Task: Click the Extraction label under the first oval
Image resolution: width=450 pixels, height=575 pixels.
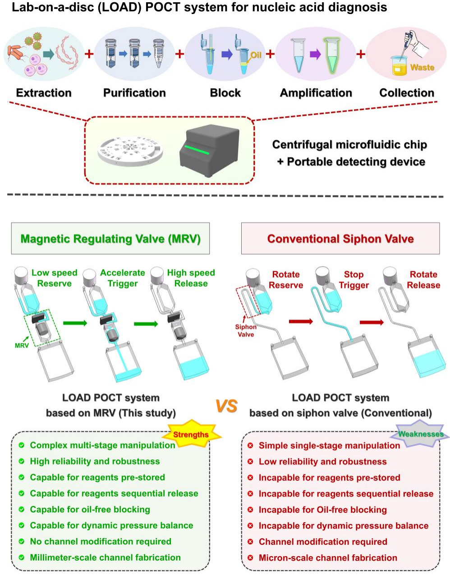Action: point(44,93)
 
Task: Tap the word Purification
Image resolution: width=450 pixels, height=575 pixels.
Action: point(134,93)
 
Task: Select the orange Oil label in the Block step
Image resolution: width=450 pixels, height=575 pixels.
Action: point(256,55)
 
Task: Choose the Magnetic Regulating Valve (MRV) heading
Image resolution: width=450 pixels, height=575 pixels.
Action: point(110,239)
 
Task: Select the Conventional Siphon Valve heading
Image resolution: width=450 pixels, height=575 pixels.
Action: point(340,239)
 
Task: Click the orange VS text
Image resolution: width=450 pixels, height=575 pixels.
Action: point(226,406)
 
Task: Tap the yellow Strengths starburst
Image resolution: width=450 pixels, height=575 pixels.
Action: point(191,435)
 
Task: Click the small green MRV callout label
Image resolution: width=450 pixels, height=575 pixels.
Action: point(22,345)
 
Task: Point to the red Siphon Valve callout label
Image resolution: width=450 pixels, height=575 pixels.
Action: point(246,331)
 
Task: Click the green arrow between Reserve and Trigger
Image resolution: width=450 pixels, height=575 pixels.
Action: point(75,323)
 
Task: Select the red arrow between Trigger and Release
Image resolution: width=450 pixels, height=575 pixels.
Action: point(371,322)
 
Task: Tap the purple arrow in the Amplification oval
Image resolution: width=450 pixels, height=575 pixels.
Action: point(315,55)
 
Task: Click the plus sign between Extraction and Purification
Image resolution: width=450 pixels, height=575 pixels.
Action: point(89,54)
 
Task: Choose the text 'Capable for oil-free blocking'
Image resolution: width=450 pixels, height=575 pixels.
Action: point(90,510)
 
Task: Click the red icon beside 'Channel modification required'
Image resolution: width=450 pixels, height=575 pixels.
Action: point(250,542)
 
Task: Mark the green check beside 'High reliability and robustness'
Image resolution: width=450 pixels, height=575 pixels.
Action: point(21,461)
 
